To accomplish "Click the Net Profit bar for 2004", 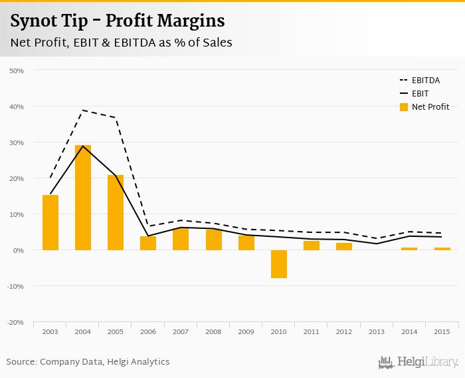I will tap(83, 198).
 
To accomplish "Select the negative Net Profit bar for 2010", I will tap(278, 264).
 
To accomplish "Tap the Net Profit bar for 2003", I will tap(50, 222).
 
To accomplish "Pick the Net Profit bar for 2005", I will tap(116, 212).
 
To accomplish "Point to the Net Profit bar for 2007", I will tap(181, 239).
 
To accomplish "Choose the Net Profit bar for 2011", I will tap(311, 246).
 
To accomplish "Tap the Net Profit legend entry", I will tap(425, 107).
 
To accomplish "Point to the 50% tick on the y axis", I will tap(17, 71).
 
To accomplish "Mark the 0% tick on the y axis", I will tap(18, 250).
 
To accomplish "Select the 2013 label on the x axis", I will tap(376, 331).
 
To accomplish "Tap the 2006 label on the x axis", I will tap(148, 331).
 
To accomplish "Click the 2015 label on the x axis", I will tap(441, 331).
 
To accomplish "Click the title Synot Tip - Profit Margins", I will tap(117, 21).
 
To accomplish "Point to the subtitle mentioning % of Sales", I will tap(121, 43).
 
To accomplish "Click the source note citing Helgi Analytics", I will tap(88, 362).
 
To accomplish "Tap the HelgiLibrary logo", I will tap(418, 362).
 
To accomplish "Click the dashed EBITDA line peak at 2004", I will tap(83, 110).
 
